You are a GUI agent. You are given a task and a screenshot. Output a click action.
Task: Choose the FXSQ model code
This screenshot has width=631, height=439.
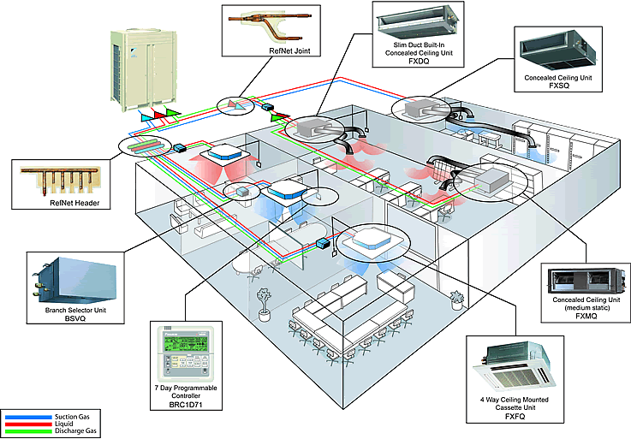click(x=562, y=86)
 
